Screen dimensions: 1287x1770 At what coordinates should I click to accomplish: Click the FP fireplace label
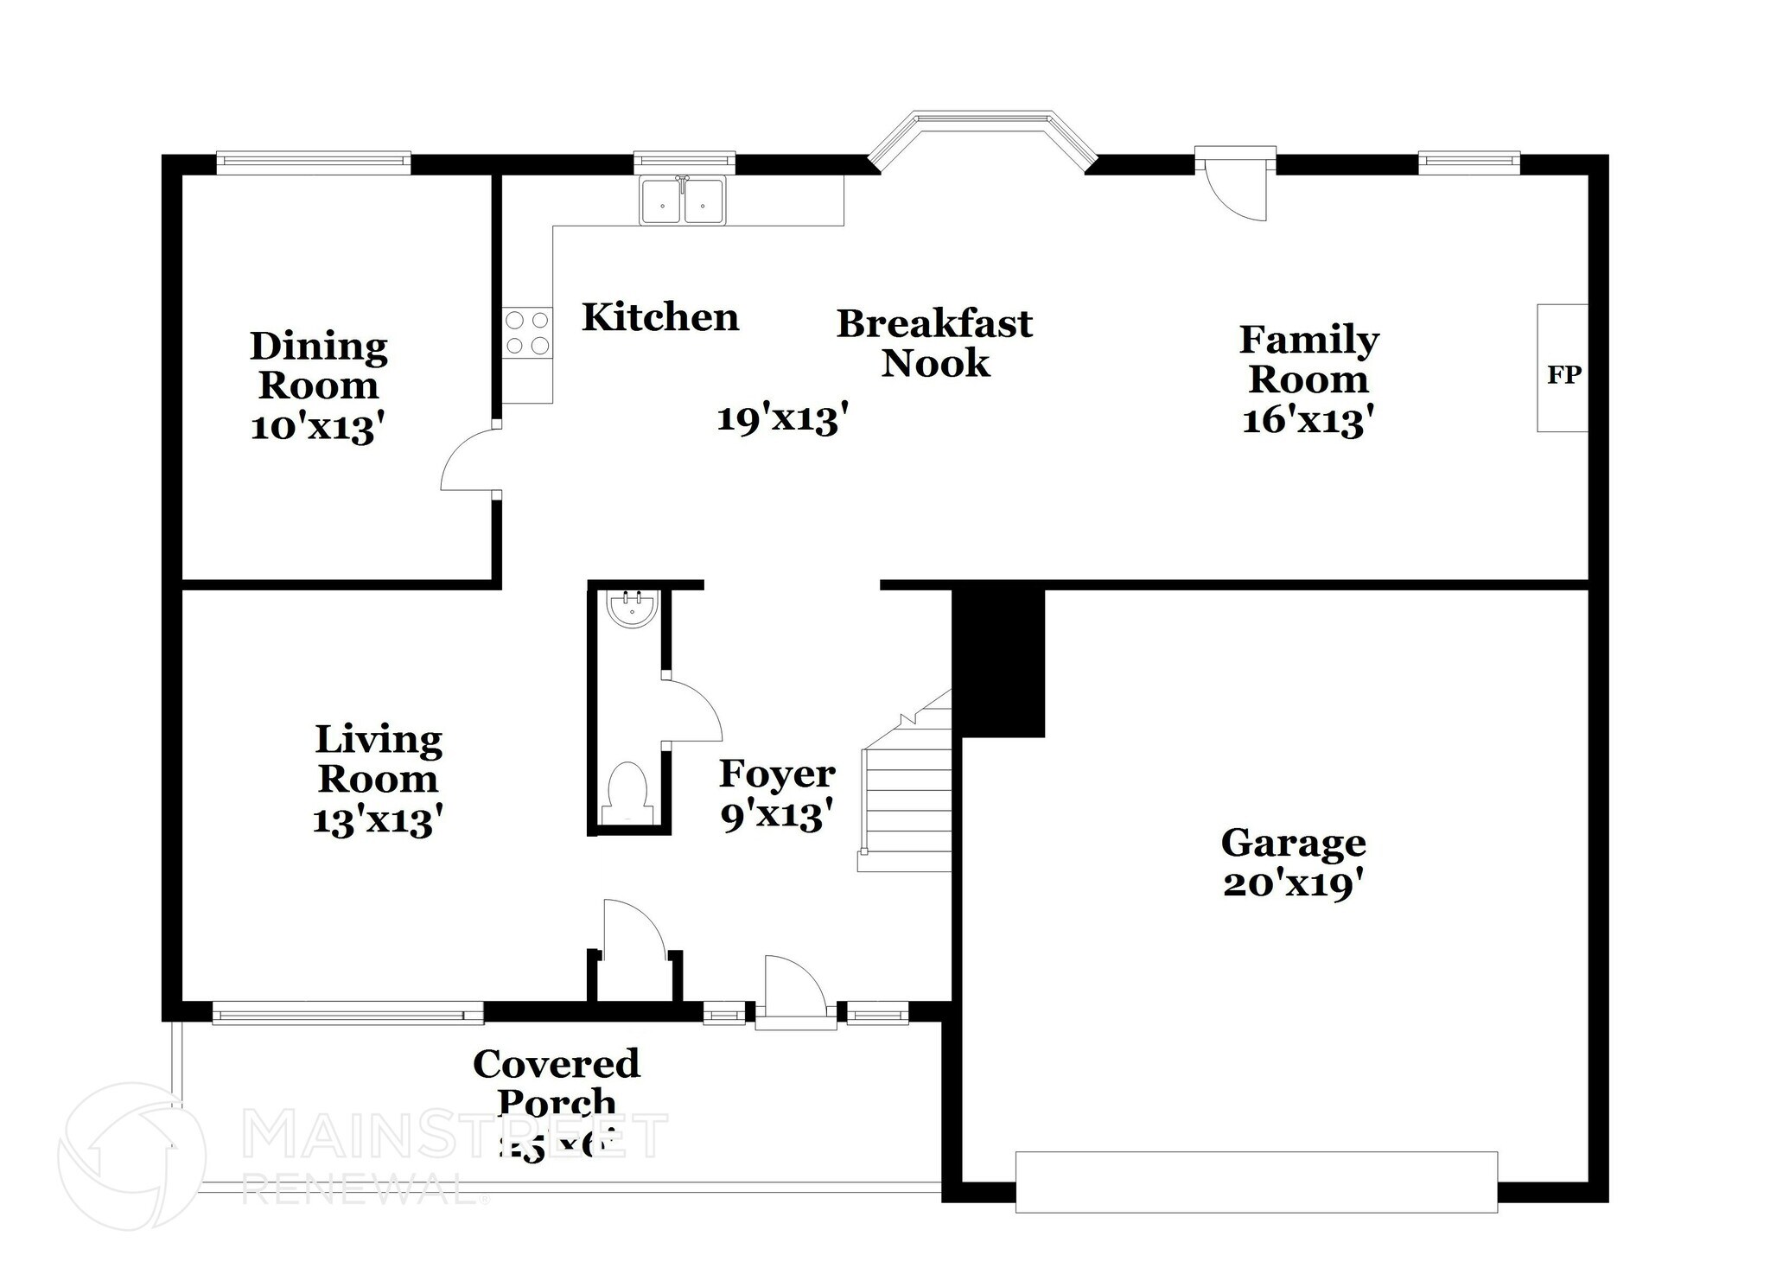[x=1563, y=374]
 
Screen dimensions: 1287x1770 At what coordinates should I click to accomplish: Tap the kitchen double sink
[x=683, y=201]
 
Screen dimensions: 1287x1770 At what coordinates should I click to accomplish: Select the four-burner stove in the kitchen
[x=527, y=333]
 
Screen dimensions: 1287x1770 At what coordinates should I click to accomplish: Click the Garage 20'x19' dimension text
[x=1294, y=884]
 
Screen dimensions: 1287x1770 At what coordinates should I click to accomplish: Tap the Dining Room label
[x=318, y=366]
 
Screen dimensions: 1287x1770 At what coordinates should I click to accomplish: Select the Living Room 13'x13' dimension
[x=378, y=819]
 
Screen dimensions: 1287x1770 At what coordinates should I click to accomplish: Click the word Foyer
[x=777, y=774]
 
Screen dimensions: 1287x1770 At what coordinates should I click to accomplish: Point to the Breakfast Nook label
[x=935, y=343]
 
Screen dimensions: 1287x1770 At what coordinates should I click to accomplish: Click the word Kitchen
[x=660, y=317]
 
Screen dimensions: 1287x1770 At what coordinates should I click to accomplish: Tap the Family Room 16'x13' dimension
[x=1308, y=421]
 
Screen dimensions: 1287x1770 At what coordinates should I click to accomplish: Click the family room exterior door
[x=1236, y=188]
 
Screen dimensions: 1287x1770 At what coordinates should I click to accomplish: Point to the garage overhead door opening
[x=1256, y=1182]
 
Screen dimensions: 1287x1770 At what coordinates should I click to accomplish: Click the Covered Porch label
[x=557, y=1083]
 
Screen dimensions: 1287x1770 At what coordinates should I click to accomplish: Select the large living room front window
[x=347, y=1013]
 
